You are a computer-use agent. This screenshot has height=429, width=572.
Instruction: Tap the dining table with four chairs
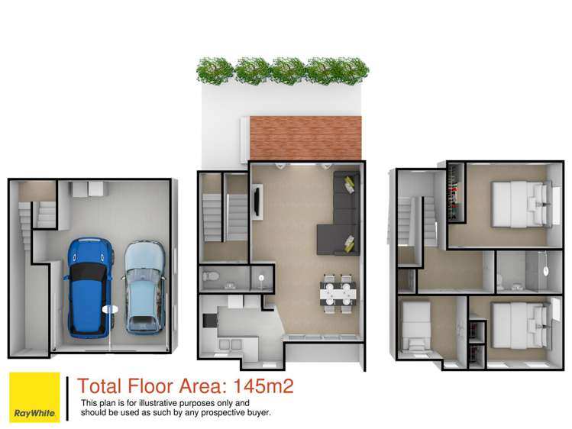(338, 292)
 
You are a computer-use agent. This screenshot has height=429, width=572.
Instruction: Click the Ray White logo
(34, 397)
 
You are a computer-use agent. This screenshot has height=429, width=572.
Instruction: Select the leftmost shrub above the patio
(213, 71)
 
